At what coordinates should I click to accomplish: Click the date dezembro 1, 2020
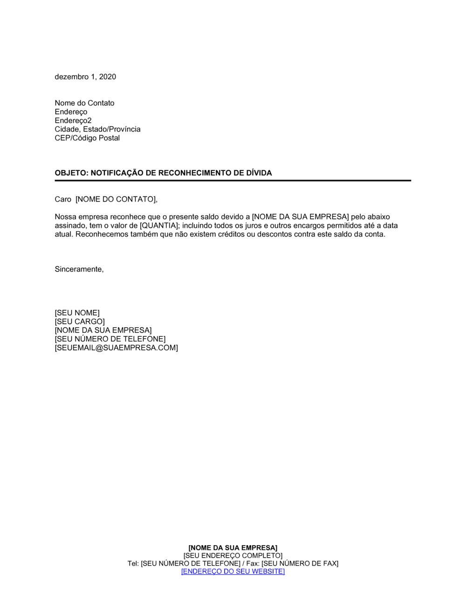(x=85, y=77)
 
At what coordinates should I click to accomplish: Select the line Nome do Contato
(x=84, y=103)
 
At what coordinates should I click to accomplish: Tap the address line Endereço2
(x=73, y=120)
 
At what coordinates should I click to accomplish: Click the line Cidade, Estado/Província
(x=97, y=129)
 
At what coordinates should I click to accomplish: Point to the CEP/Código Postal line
(x=87, y=138)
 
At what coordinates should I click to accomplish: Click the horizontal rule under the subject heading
(x=233, y=181)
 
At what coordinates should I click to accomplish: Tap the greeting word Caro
(x=63, y=200)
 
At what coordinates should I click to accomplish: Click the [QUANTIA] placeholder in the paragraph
(x=159, y=226)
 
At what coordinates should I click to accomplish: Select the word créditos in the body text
(x=232, y=234)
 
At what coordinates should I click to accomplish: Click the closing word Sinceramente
(x=79, y=269)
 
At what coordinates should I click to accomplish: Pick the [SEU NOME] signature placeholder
(x=77, y=313)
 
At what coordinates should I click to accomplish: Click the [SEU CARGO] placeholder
(x=80, y=322)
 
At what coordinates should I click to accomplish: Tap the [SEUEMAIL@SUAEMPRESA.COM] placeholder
(x=116, y=348)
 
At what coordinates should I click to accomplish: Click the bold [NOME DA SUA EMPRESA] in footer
(x=233, y=548)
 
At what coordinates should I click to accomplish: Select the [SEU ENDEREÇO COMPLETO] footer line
(x=233, y=556)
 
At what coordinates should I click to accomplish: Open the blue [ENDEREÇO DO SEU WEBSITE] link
(x=233, y=572)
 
